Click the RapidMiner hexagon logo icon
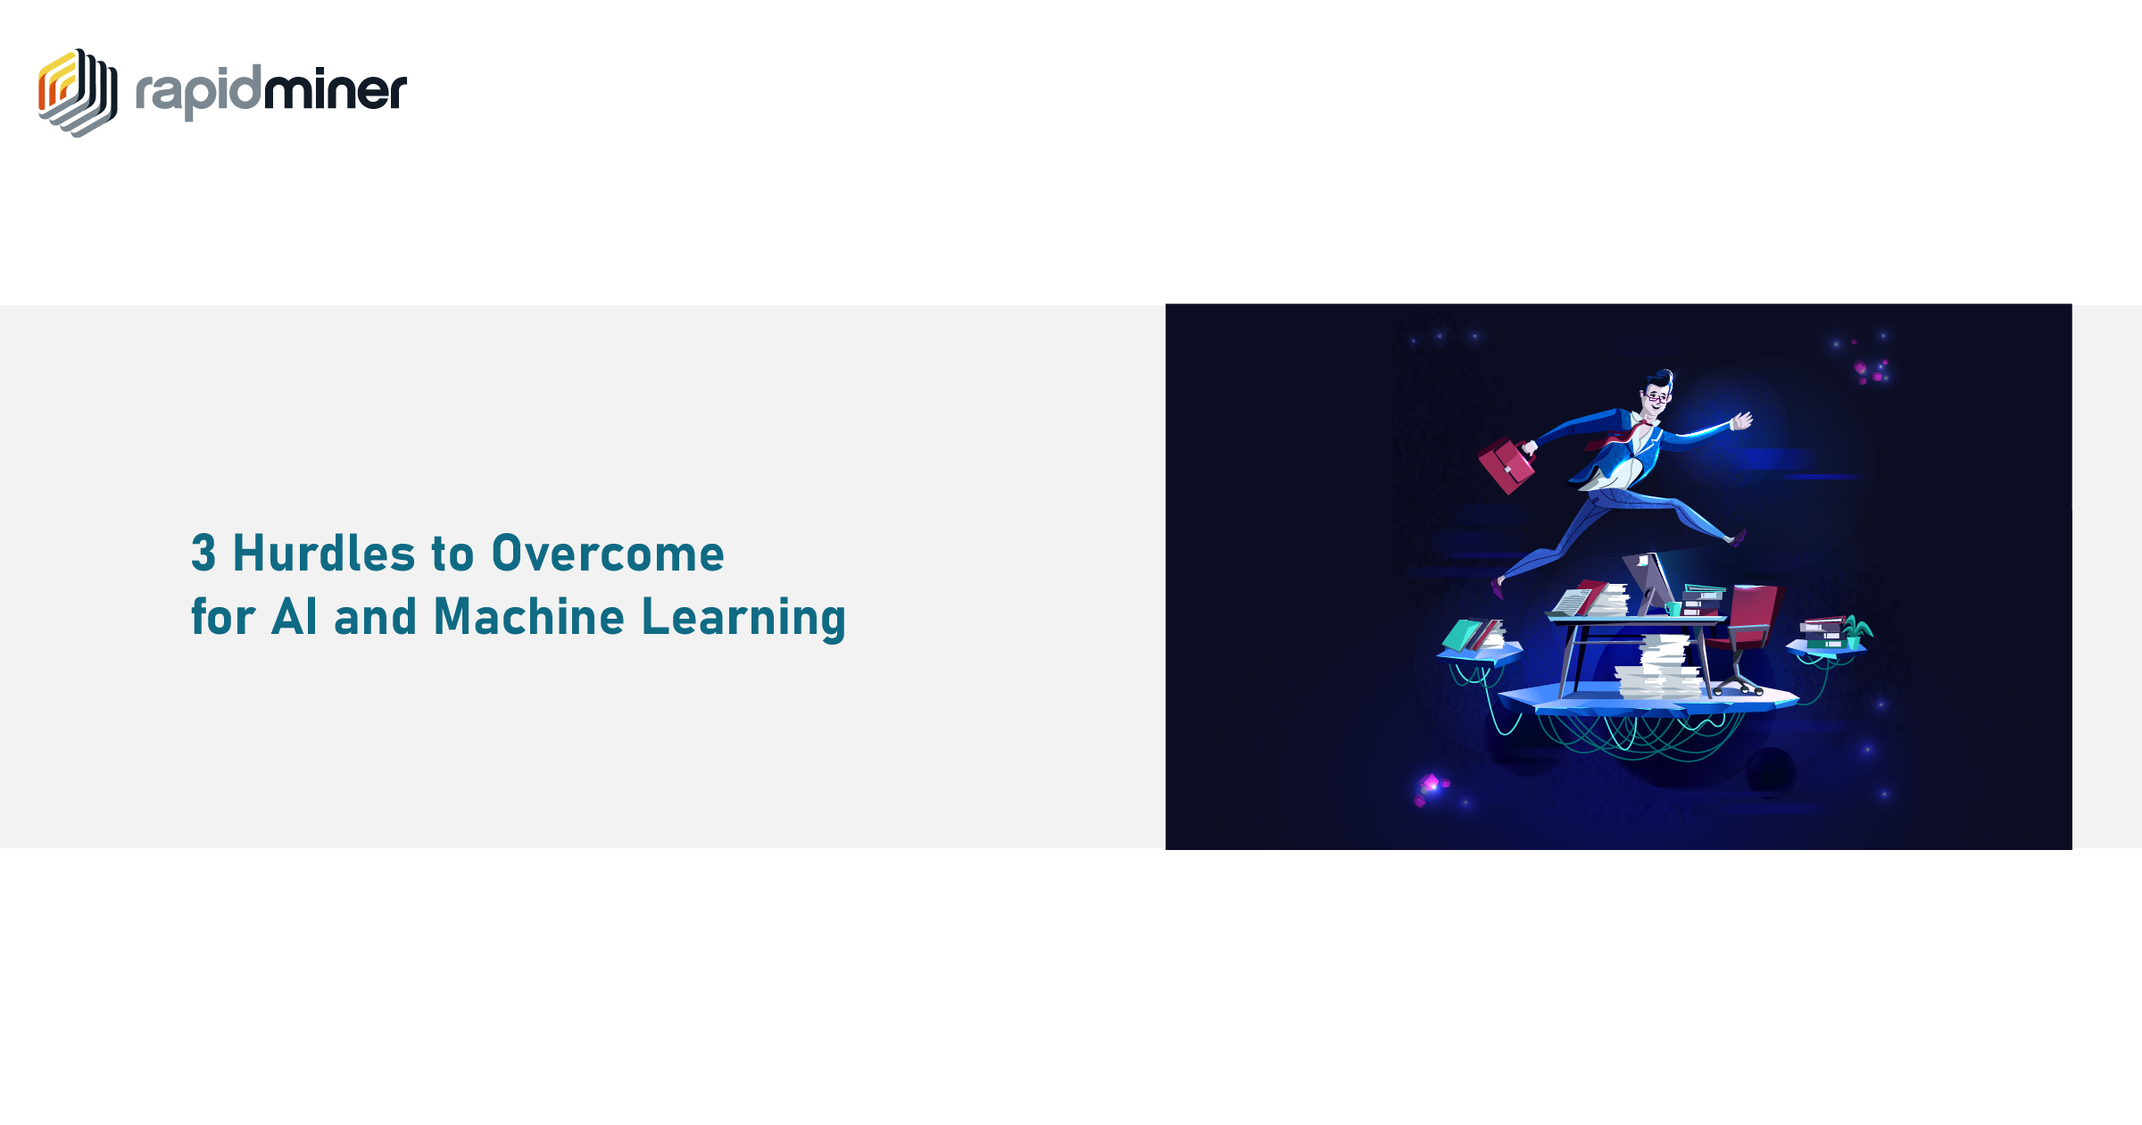point(78,93)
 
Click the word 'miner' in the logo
point(336,89)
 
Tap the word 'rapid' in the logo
point(198,92)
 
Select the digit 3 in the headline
point(203,553)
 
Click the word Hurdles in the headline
point(324,553)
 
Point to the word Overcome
point(608,553)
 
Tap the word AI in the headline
point(294,616)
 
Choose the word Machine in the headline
point(529,616)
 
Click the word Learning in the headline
point(743,618)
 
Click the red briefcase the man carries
point(1507,465)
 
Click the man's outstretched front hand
point(1741,421)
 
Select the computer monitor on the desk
point(1648,580)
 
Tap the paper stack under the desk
point(1658,668)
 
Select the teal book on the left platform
point(1462,635)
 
